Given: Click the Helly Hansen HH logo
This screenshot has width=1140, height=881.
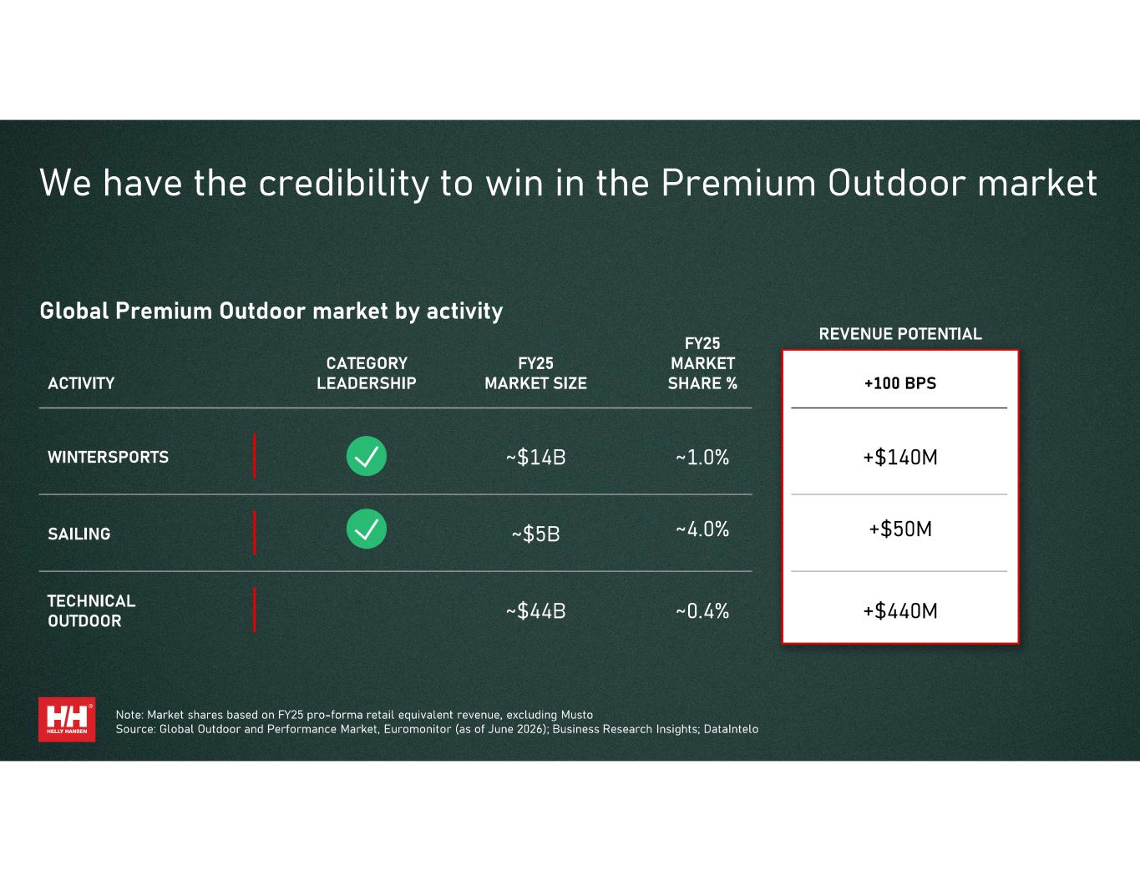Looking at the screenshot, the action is point(67,719).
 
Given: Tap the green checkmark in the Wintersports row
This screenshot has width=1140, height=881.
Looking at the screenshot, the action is point(366,456).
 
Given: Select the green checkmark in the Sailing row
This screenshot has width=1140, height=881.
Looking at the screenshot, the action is point(366,529).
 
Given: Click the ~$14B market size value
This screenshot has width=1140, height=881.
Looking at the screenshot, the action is point(535,458).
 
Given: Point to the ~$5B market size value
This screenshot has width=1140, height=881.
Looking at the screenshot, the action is point(535,534).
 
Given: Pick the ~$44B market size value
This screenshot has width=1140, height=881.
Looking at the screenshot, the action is point(535,611).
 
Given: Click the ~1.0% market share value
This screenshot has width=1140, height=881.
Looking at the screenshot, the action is point(702,458).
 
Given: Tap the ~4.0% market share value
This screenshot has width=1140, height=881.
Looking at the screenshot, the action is point(702,529).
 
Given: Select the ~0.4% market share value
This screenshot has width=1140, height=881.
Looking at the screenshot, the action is point(702,611).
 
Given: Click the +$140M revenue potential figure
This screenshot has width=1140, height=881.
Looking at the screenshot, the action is point(900,458).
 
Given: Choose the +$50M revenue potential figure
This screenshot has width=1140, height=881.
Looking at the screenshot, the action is point(900,529).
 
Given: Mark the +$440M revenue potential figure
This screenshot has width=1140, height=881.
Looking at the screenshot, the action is point(900,611).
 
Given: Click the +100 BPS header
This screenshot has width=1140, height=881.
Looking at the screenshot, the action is point(900,383).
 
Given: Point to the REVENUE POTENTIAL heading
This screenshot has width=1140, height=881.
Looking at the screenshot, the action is point(900,334).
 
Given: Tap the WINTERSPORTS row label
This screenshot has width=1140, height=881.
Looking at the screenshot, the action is point(108,458).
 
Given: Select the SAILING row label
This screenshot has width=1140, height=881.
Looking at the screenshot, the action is point(79,534).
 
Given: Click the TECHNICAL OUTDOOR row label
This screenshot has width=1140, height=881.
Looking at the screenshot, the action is point(91,611).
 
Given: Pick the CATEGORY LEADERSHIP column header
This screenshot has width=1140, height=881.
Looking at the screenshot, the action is point(366,373).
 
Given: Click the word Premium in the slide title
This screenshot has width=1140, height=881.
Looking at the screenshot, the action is point(738,183).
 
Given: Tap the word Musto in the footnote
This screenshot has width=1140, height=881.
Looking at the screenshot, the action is point(577,715).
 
